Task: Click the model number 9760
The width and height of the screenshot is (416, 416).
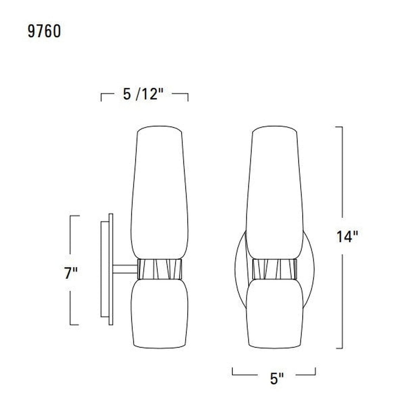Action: click(44, 31)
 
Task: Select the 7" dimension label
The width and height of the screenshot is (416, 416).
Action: click(71, 273)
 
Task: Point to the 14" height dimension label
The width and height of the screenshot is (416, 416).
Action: click(347, 237)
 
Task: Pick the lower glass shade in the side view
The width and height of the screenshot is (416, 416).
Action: click(160, 314)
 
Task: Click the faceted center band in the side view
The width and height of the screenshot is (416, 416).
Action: click(160, 269)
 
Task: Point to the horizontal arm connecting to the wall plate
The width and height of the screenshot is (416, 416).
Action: click(125, 269)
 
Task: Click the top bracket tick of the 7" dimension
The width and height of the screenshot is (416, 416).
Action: click(75, 216)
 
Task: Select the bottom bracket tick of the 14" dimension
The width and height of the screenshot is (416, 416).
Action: click(339, 348)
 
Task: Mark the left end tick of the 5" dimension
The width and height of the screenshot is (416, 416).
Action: click(233, 371)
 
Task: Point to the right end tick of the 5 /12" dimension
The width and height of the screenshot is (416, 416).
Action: click(188, 97)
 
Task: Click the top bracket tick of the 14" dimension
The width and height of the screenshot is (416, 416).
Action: click(339, 127)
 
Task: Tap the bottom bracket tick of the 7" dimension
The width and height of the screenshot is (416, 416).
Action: click(75, 324)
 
